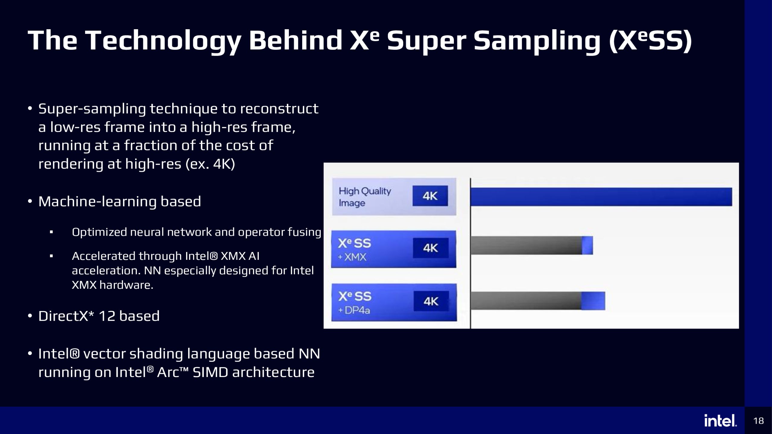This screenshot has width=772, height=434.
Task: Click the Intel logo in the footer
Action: pyautogui.click(x=720, y=420)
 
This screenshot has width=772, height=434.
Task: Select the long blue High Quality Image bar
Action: pyautogui.click(x=601, y=197)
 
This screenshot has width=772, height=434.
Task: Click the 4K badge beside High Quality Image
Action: pyautogui.click(x=430, y=196)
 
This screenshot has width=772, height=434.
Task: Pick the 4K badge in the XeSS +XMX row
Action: pyautogui.click(x=431, y=248)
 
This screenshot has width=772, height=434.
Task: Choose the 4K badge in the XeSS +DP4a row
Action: pyautogui.click(x=431, y=301)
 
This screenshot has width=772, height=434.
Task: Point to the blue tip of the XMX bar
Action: pyautogui.click(x=587, y=245)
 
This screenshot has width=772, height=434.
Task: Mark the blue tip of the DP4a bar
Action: pyautogui.click(x=593, y=301)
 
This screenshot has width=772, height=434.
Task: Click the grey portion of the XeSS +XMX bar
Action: pyautogui.click(x=526, y=245)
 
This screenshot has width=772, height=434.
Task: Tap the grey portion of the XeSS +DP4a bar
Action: pyautogui.click(x=526, y=301)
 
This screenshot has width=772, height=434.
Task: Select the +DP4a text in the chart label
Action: pyautogui.click(x=354, y=310)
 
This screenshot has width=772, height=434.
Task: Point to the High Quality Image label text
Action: pyautogui.click(x=365, y=197)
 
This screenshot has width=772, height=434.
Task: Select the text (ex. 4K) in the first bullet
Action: pyautogui.click(x=210, y=164)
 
